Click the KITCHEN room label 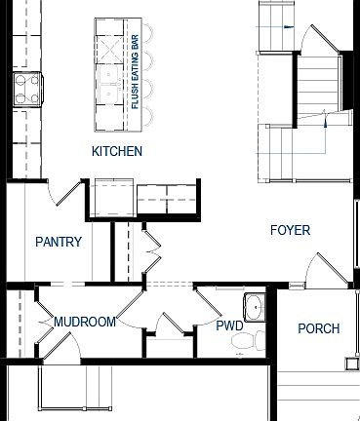point(117,151)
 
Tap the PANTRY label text point(59,242)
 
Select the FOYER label point(290,231)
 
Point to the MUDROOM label point(85,322)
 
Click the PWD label point(229,325)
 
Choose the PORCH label point(319,328)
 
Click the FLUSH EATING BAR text point(135,74)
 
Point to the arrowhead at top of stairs point(286,28)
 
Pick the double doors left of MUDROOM point(46,326)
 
